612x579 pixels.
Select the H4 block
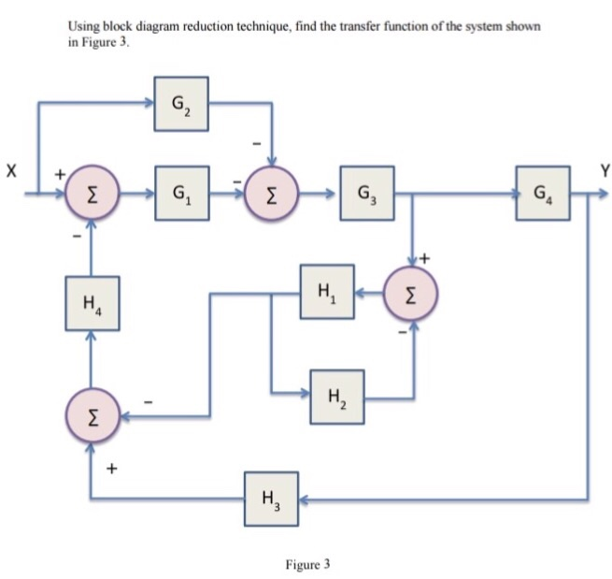92,303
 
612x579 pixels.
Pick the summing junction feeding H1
413,291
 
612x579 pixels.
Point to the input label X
11,172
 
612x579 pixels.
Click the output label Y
605,170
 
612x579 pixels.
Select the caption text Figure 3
307,564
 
